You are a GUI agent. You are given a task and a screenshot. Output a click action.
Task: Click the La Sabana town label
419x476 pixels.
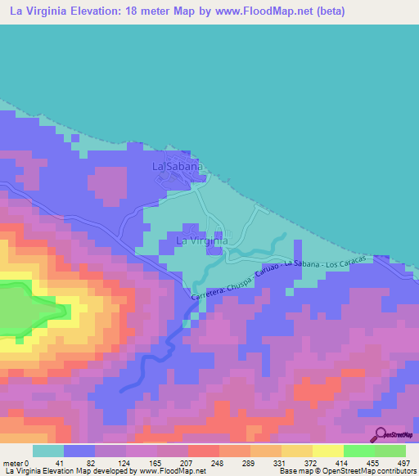(177, 166)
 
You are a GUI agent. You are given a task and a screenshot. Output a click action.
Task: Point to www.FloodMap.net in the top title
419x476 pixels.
(260, 11)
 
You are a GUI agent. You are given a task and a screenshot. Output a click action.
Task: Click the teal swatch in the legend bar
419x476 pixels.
(48, 451)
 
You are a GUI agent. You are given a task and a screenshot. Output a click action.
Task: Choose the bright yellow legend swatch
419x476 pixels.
(328, 451)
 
